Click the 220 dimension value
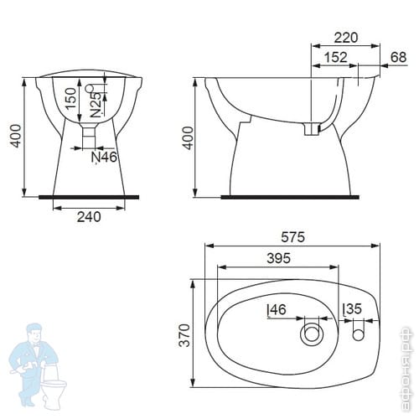346,38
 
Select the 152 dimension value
336,57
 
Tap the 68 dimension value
398,57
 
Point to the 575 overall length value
292,237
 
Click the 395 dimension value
279,258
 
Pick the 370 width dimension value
184,335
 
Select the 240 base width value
89,217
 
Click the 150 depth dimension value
70,98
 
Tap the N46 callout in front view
104,158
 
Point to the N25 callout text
96,105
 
